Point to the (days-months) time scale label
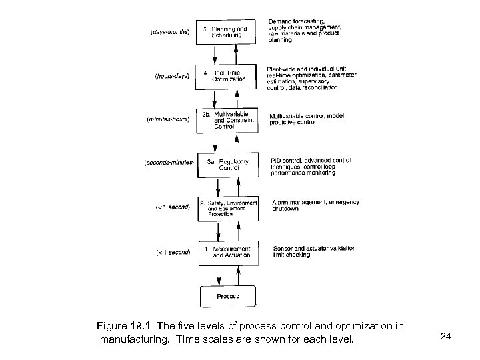click(x=170, y=31)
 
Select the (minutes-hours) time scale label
click(x=168, y=120)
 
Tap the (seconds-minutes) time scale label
click(x=169, y=161)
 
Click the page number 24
click(x=445, y=337)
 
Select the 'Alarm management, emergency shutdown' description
click(x=314, y=205)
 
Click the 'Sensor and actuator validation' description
click(x=315, y=248)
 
